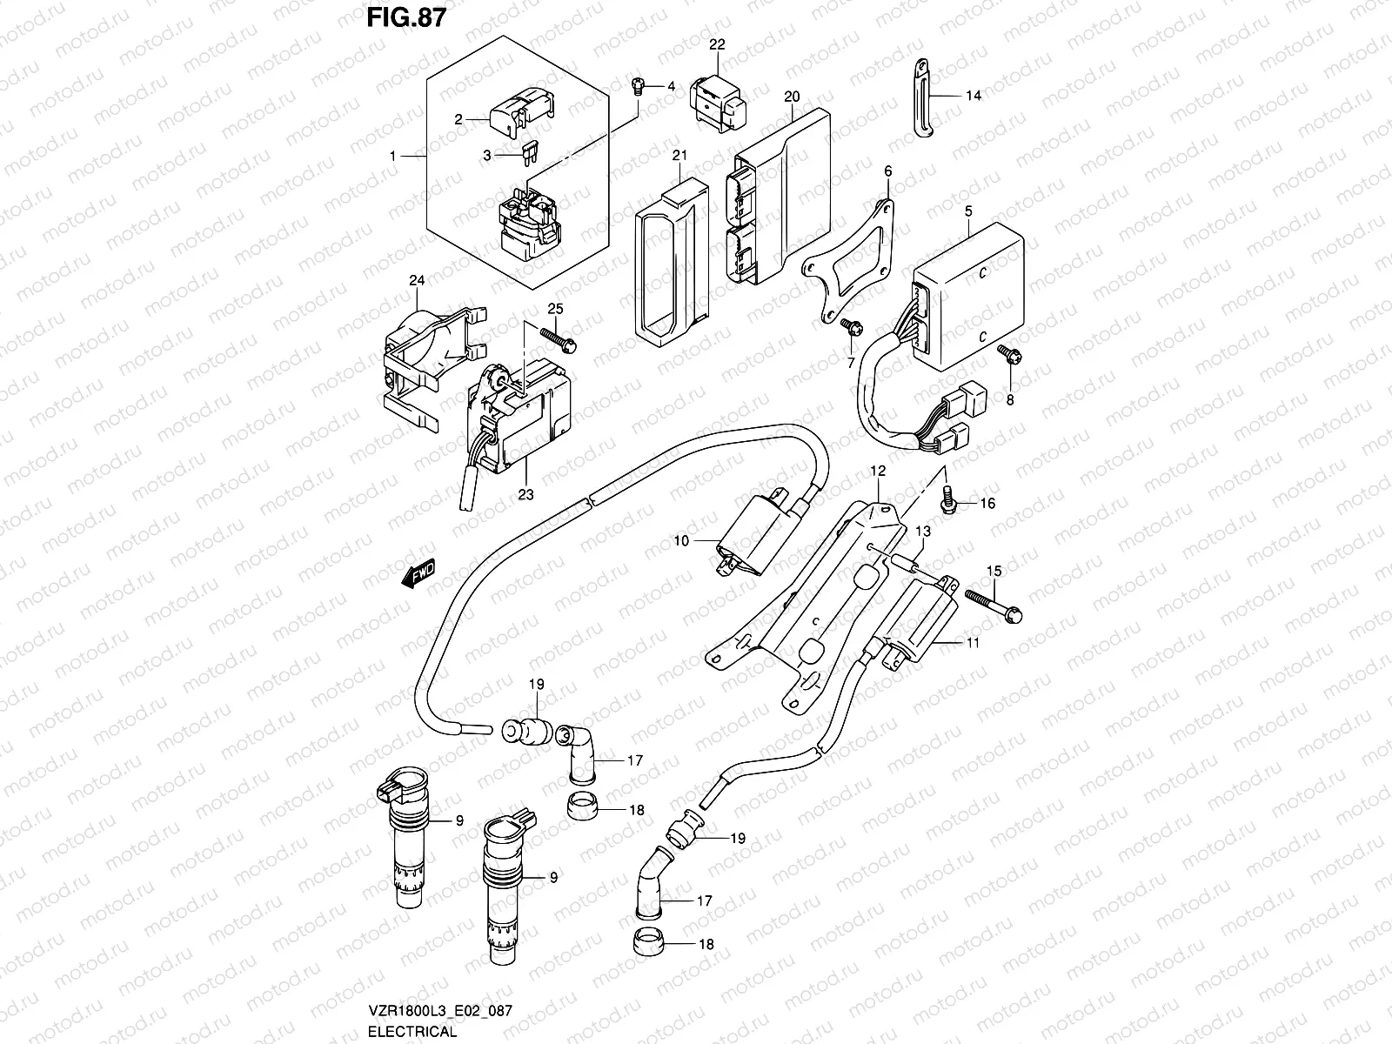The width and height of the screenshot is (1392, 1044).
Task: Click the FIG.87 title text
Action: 406,17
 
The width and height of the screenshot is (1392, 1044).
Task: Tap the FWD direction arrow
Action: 418,573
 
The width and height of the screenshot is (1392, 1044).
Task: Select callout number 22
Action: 717,44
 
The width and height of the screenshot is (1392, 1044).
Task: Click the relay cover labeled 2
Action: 522,111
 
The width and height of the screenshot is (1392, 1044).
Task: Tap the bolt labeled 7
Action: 851,327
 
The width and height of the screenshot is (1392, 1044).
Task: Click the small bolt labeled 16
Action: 948,499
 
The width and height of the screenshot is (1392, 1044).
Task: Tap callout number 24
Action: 417,280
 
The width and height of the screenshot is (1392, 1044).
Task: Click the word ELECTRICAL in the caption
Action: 412,1031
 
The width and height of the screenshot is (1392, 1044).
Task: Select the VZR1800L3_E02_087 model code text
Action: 440,1010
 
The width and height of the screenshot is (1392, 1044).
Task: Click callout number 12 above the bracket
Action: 878,471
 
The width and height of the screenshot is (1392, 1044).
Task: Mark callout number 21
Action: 679,156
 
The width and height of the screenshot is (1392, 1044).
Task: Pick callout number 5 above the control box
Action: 968,211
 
